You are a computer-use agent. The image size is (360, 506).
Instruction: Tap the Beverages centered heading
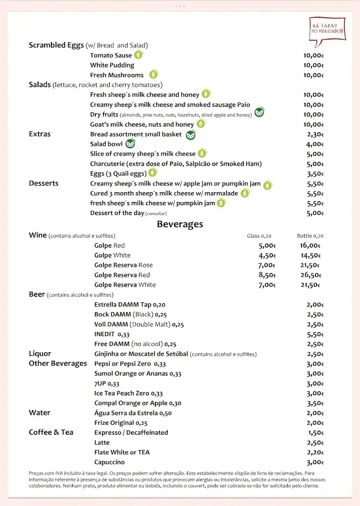click(x=180, y=224)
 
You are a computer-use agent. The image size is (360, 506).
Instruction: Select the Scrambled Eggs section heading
click(x=56, y=45)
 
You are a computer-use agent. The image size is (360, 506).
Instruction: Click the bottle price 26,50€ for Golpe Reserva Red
click(x=311, y=275)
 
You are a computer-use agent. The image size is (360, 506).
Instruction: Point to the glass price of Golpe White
click(x=267, y=255)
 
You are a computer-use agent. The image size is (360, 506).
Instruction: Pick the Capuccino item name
click(x=109, y=463)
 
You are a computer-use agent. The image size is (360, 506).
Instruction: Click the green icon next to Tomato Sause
click(x=139, y=55)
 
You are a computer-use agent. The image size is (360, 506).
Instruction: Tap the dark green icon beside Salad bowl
click(x=130, y=144)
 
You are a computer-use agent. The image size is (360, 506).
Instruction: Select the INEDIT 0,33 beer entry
click(x=112, y=334)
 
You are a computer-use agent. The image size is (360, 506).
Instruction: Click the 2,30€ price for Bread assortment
click(x=315, y=134)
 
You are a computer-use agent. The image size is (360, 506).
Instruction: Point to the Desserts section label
click(x=44, y=183)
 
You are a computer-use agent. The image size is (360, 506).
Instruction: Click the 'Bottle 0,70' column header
click(x=310, y=236)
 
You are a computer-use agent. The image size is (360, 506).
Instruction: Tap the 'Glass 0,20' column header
click(x=259, y=236)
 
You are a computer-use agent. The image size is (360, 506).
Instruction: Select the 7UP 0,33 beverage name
click(x=107, y=383)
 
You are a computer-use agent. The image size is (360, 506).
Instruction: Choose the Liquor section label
click(x=40, y=354)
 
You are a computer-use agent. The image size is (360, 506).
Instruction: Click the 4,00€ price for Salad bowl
click(x=315, y=144)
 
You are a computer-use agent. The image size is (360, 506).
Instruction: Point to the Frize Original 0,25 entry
click(x=121, y=423)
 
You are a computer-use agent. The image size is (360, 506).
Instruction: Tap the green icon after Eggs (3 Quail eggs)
click(x=152, y=173)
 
